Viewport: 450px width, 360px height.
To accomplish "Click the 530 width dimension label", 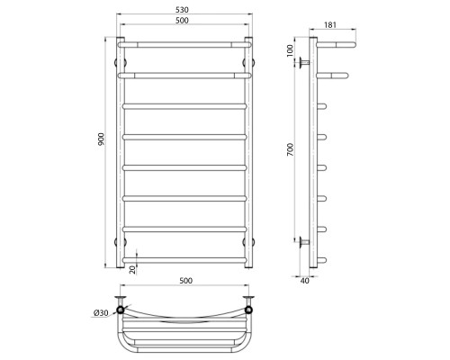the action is click(182, 10).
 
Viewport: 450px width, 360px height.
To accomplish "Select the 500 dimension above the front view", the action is click(182, 21).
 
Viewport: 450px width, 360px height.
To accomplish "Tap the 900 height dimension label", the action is click(101, 139).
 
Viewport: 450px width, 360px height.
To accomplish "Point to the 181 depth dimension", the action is click(330, 25).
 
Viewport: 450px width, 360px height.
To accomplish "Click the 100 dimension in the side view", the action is click(290, 50).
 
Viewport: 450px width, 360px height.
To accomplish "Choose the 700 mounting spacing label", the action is click(291, 149).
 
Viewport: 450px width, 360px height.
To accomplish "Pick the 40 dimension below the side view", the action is click(304, 281).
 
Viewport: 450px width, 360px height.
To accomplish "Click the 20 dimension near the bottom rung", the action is click(132, 269).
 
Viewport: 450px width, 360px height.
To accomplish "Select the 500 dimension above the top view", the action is click(186, 281).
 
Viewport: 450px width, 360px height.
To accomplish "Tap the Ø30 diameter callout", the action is click(101, 313).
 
